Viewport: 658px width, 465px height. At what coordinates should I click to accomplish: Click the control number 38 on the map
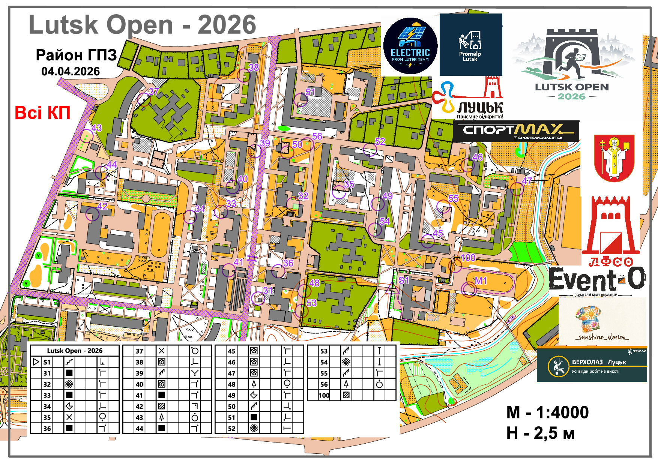[254, 67]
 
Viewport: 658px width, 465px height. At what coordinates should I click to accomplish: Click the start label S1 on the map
[404, 280]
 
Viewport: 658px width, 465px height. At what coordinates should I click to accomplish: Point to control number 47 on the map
[527, 181]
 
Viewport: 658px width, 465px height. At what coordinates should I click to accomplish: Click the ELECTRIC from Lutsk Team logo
[410, 46]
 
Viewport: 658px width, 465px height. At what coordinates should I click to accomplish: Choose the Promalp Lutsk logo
[470, 45]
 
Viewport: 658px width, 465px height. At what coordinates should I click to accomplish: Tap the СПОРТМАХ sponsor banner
[516, 131]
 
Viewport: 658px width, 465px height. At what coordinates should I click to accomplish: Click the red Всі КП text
[42, 113]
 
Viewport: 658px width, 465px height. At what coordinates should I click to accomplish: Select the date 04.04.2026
[71, 72]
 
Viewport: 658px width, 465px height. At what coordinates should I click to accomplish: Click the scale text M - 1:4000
[547, 412]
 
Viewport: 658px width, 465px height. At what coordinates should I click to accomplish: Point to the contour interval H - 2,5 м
[540, 433]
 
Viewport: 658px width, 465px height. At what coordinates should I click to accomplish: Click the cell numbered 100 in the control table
[324, 395]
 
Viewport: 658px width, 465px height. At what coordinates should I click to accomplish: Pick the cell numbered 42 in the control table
[139, 406]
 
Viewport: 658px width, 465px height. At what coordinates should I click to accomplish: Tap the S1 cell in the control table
[47, 362]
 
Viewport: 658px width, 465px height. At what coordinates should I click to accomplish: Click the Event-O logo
[597, 279]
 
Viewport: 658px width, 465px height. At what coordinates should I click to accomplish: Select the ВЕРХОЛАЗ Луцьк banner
[592, 365]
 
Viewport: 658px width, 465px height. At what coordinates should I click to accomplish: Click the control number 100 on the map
[468, 258]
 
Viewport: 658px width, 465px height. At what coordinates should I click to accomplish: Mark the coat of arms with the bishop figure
[614, 158]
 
